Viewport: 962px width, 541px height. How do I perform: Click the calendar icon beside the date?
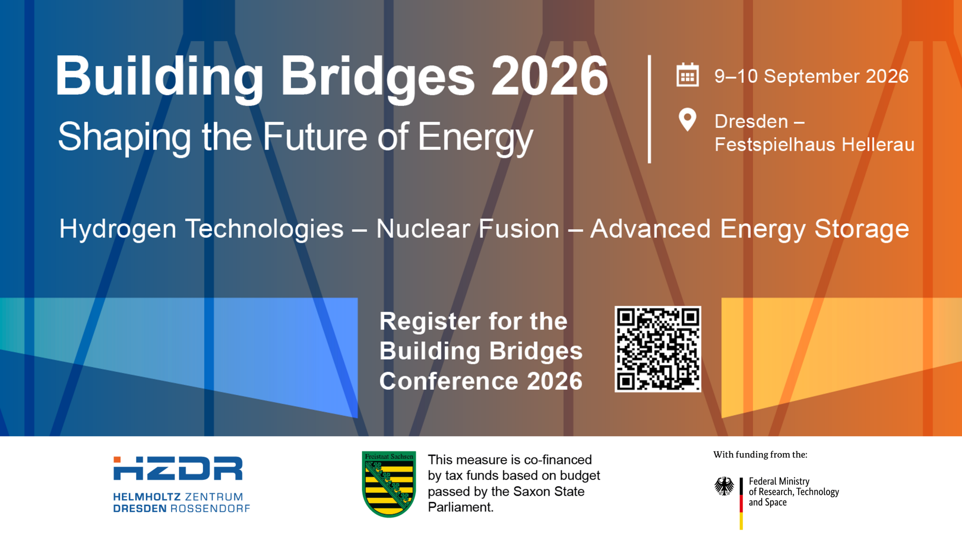(687, 75)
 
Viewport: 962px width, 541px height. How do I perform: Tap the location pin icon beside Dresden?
(687, 119)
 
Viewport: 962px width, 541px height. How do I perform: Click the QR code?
(658, 349)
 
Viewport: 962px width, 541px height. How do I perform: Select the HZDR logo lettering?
(178, 468)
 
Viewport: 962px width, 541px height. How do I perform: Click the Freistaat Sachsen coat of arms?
(389, 484)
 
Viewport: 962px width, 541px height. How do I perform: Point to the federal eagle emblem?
(724, 486)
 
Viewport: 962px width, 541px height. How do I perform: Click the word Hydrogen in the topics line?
(118, 230)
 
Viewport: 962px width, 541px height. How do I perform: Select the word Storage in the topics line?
(862, 230)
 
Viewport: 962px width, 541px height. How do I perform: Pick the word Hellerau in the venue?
(878, 144)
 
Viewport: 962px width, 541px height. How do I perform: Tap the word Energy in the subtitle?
(475, 138)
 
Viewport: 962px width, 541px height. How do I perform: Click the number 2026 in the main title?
(549, 76)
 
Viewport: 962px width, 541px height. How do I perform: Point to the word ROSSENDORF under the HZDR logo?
(210, 509)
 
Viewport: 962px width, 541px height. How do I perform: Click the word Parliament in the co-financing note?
(460, 507)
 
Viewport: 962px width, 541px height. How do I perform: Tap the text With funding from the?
(760, 455)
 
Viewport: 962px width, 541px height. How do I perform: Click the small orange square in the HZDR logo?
(117, 459)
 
